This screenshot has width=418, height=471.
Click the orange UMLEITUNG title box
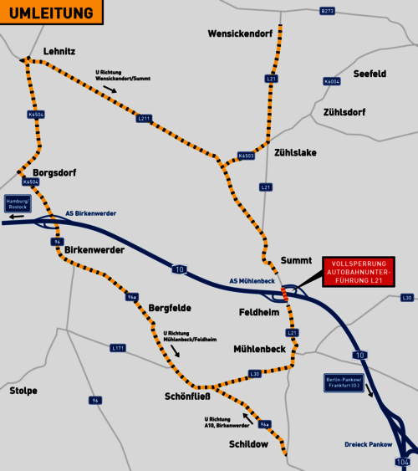(x=52, y=13)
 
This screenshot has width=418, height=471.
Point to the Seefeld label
(x=369, y=74)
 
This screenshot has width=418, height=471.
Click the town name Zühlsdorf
(x=342, y=112)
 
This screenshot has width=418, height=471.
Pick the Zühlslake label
(x=294, y=152)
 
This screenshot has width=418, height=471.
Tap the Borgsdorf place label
(x=55, y=174)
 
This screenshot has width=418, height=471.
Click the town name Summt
(x=296, y=259)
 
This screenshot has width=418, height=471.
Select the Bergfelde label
(x=171, y=308)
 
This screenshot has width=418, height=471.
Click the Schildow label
(x=248, y=444)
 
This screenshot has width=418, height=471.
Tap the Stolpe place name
(x=23, y=391)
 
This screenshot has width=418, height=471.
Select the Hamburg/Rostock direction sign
(x=18, y=205)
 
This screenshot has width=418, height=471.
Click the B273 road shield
(x=327, y=11)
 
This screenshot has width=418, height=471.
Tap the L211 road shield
(x=144, y=119)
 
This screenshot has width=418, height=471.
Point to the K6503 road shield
(x=246, y=156)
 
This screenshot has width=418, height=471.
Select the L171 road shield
(x=117, y=347)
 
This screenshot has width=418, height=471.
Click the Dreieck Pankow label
(x=368, y=443)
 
